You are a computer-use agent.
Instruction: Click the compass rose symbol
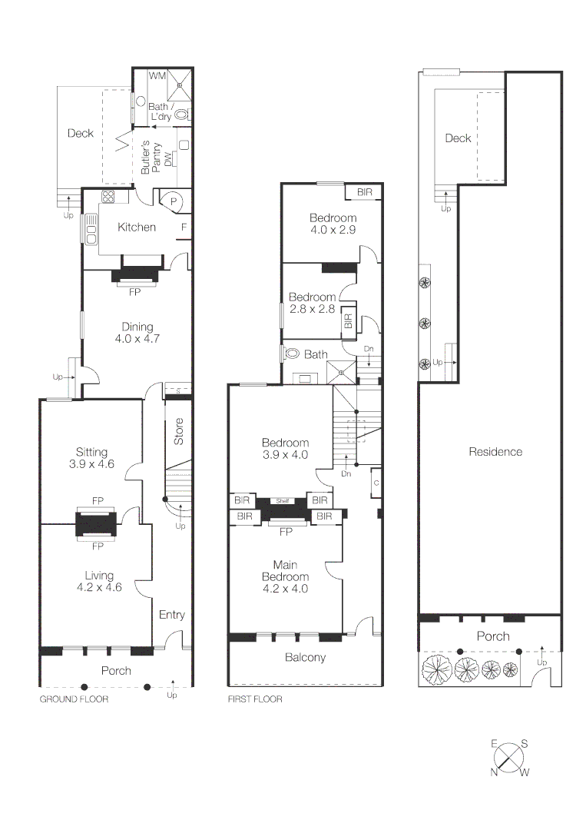pos(508,759)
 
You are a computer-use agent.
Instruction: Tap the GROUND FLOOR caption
pos(74,699)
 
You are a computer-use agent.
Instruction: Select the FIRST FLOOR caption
pos(255,699)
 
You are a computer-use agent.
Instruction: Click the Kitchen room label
pos(137,227)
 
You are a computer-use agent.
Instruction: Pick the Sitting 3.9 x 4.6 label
pos(91,458)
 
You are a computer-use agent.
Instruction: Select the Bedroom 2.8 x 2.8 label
pos(312,303)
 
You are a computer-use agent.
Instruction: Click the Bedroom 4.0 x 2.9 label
pos(333,224)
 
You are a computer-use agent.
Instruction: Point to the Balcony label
pos(305,658)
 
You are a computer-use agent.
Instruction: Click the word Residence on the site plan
pos(495,452)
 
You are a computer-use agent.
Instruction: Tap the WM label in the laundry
pos(157,76)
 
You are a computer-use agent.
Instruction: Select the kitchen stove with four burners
pos(108,196)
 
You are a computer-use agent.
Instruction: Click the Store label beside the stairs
pos(179,432)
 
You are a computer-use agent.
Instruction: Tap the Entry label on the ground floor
pos(171,615)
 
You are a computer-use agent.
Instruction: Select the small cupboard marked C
pos(376,483)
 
